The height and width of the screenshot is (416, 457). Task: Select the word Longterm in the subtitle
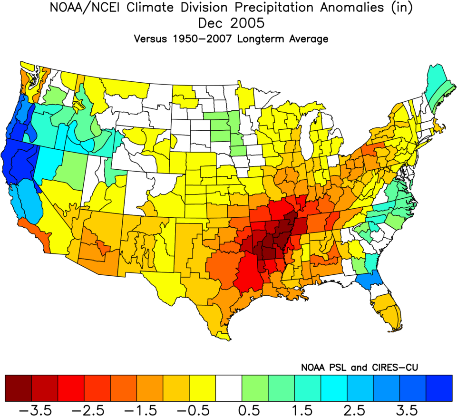pyautogui.click(x=260, y=39)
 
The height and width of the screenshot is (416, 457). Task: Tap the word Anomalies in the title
pyautogui.click(x=352, y=7)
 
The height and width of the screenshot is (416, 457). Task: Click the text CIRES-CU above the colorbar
pyautogui.click(x=395, y=368)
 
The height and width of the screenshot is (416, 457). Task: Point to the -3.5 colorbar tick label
pyautogui.click(x=36, y=410)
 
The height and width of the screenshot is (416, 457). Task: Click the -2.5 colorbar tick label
pyautogui.click(x=88, y=410)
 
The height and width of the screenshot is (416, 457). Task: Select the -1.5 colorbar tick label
pyautogui.click(x=141, y=410)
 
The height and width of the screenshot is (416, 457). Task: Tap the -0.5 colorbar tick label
pyautogui.click(x=194, y=410)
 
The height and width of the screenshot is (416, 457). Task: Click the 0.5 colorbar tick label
pyautogui.click(x=249, y=410)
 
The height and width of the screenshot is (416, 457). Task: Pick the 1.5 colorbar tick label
pyautogui.click(x=302, y=410)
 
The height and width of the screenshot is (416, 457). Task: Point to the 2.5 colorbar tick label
pyautogui.click(x=354, y=410)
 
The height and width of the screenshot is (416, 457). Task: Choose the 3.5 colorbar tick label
pyautogui.click(x=407, y=410)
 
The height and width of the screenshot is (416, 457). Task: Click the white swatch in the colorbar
pyautogui.click(x=229, y=388)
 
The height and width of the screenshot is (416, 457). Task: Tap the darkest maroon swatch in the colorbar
pyautogui.click(x=19, y=388)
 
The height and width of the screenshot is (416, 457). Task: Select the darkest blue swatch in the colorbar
pyautogui.click(x=439, y=388)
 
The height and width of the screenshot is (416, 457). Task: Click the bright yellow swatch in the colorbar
pyautogui.click(x=203, y=388)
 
